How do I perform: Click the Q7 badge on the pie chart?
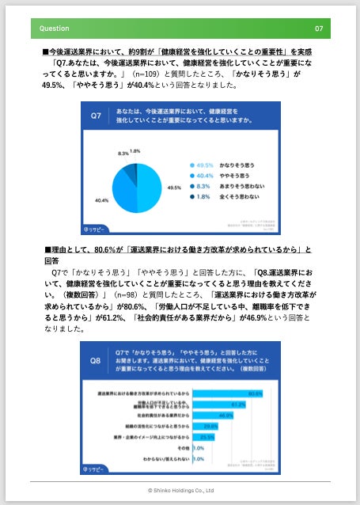point(95,115)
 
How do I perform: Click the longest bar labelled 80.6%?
point(229,393)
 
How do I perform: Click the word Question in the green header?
point(55,28)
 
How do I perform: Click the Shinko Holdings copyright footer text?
point(180,491)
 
